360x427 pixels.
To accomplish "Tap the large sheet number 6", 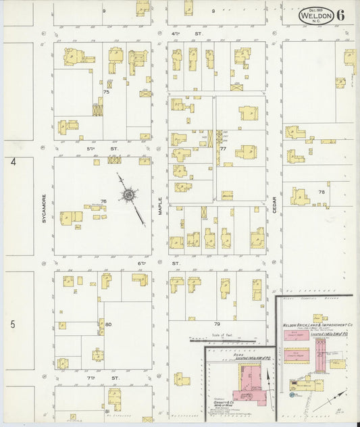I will click(341, 15).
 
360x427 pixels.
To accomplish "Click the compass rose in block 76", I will click(128, 196).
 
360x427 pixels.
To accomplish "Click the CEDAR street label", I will click(275, 206).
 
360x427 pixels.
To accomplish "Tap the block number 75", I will click(105, 91).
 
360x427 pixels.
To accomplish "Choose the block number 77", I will click(222, 148).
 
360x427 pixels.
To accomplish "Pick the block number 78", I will click(322, 192).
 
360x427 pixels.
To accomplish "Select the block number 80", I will click(107, 324).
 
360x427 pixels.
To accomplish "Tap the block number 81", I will click(107, 411).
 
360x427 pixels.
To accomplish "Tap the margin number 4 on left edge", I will click(12, 162).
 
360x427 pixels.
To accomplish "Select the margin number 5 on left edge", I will click(12, 324).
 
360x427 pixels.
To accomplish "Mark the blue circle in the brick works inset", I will click(289, 395).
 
